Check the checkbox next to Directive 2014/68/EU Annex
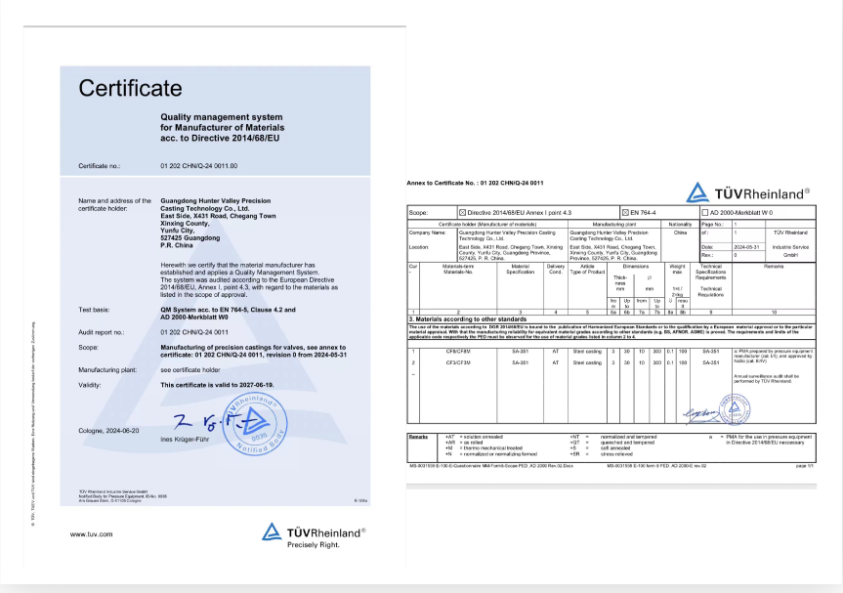point(463,211)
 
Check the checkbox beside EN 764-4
point(626,211)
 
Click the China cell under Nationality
point(681,233)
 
